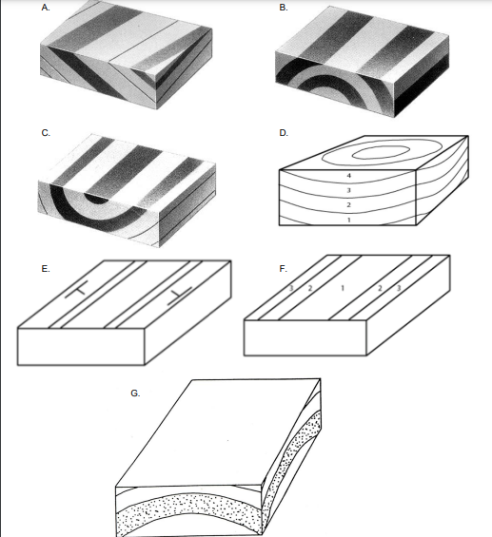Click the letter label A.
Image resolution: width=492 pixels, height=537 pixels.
[x=46, y=8]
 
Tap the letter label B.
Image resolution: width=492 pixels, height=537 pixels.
[x=284, y=8]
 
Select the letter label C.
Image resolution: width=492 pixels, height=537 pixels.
[x=46, y=133]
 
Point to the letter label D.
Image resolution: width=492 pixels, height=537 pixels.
[x=284, y=133]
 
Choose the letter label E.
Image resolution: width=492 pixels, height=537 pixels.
[x=46, y=269]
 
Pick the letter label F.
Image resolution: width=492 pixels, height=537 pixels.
[x=283, y=269]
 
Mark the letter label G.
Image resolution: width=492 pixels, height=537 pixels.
[x=135, y=393]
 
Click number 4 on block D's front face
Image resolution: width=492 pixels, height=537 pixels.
[x=349, y=176]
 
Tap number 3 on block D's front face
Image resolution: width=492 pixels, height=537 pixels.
[x=349, y=190]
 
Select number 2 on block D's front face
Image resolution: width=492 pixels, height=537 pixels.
[x=349, y=205]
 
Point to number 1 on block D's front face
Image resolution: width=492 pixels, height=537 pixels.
[x=349, y=220]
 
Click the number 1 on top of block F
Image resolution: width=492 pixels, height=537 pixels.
[x=343, y=288]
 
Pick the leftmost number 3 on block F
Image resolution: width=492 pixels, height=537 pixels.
[x=291, y=288]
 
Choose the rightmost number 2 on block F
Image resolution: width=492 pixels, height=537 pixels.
[x=380, y=288]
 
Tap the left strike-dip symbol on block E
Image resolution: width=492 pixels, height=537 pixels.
[x=77, y=290]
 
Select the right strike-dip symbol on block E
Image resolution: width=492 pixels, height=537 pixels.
[x=180, y=296]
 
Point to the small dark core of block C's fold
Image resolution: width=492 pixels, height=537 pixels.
[x=97, y=199]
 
